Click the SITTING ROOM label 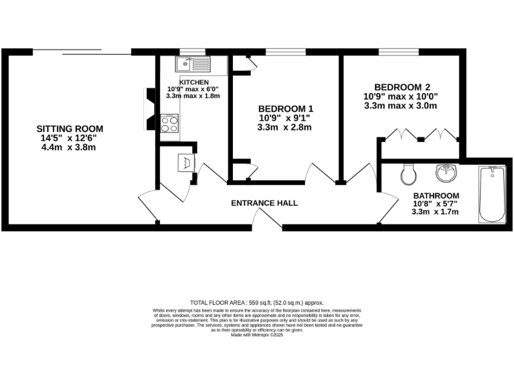(70, 129)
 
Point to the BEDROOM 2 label (402, 87)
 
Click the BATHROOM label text (435, 196)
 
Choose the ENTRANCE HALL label (264, 203)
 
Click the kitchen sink (193, 64)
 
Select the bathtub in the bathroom (493, 195)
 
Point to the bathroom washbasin (446, 174)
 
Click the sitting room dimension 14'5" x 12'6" (70, 138)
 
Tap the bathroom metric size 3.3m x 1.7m (435, 212)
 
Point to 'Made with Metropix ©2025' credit (257, 335)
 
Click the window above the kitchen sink (193, 52)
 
